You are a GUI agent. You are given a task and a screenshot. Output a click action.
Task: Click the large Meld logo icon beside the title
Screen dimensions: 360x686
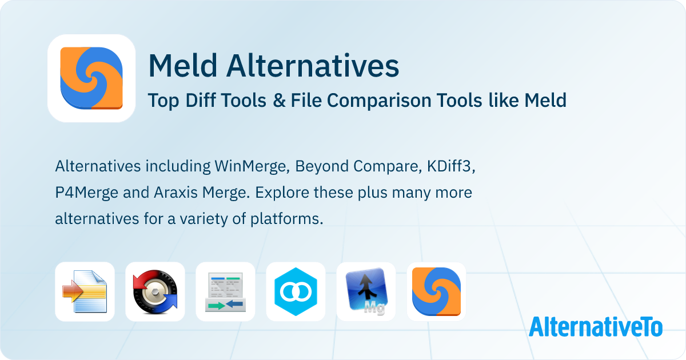pos(91,78)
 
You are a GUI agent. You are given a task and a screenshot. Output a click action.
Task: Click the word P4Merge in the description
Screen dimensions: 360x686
pos(86,193)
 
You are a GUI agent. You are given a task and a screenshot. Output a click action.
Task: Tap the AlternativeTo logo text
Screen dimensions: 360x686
pos(595,327)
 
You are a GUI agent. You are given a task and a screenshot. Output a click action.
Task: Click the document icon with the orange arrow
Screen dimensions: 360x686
pos(85,291)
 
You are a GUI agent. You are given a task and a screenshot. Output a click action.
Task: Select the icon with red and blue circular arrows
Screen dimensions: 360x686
pos(155,291)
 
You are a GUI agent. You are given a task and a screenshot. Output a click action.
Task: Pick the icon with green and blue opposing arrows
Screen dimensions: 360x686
pos(225,291)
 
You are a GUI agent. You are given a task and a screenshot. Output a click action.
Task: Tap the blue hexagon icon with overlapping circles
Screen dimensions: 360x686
pos(296,291)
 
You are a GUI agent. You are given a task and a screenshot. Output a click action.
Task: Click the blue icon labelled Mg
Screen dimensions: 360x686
pos(366,291)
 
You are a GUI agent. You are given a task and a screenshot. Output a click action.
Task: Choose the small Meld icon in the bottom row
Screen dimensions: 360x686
pos(436,291)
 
